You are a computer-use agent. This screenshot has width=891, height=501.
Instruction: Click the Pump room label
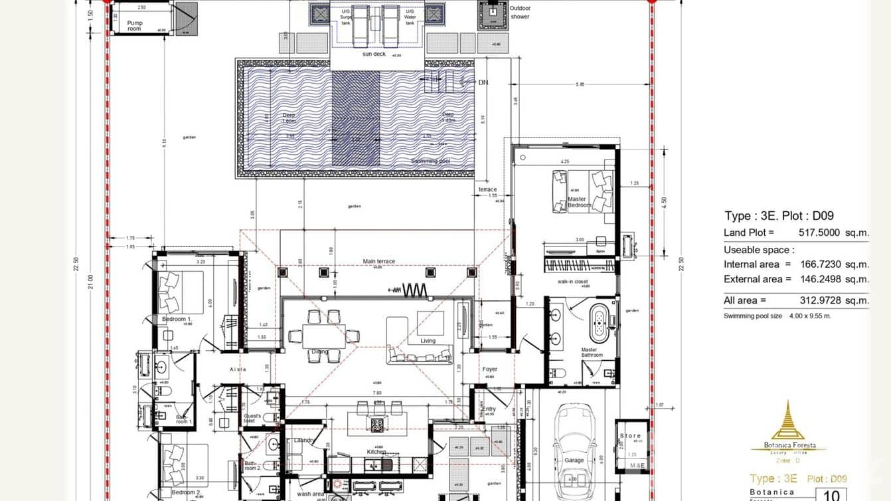coord(134,25)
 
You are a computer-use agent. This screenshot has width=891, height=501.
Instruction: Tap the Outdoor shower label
coord(520,12)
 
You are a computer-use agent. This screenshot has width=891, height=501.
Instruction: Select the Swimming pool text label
coord(430,161)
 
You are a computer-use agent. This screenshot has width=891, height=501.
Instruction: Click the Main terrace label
coord(378,261)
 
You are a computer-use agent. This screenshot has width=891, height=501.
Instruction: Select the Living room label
coord(428,341)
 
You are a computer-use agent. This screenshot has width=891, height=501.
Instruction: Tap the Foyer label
coord(489,369)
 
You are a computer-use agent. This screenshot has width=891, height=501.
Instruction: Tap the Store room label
coord(630,436)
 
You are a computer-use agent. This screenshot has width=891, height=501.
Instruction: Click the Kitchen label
coord(376,452)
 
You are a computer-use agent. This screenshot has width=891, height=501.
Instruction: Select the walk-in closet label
coord(573,282)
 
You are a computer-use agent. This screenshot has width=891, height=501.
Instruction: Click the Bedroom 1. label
coord(176,320)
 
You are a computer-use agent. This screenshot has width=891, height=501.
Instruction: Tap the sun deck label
coord(374,54)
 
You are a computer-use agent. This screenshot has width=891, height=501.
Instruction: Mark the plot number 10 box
coord(835,495)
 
